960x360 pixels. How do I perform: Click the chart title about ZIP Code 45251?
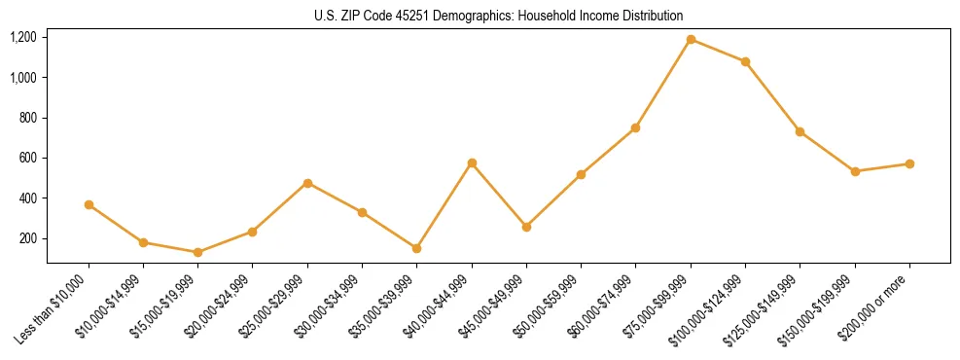coord(499,16)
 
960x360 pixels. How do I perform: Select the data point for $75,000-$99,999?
coord(691,39)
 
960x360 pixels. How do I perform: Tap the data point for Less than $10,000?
coord(89,204)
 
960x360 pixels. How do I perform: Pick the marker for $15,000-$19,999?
coord(198,252)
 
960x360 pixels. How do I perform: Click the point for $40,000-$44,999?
coord(472,162)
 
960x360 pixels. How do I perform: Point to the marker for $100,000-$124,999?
coord(745,61)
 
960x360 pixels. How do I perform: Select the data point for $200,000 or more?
coord(909,163)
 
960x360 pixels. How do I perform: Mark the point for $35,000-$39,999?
coord(417,248)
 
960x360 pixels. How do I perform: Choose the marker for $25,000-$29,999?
coord(307,183)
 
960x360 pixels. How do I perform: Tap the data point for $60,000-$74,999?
coord(636,127)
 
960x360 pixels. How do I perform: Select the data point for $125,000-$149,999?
coord(800,131)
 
